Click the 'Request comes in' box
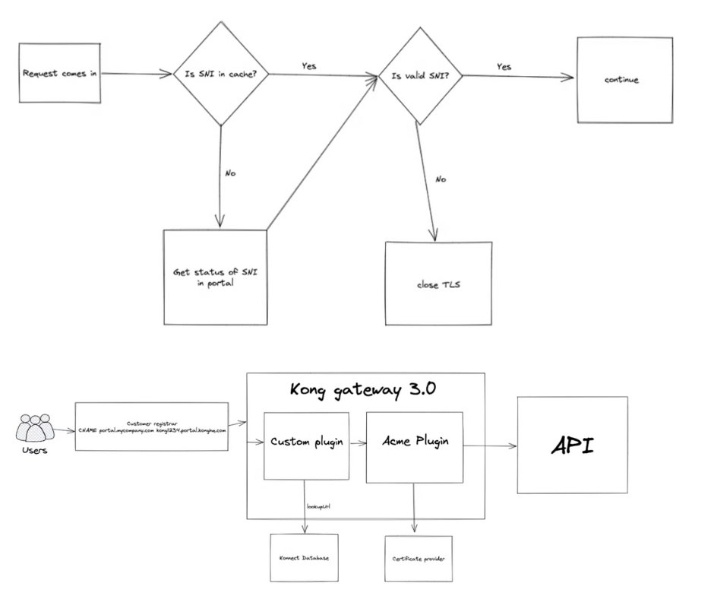60,74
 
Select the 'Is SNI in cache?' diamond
220,74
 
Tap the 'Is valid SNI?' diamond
420,76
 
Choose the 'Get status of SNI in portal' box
215,276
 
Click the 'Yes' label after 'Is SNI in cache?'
308,65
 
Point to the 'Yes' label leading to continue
504,66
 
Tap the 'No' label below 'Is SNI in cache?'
230,173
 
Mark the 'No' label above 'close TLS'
441,179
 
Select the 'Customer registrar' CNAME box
152,426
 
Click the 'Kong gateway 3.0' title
365,390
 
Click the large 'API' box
573,445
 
